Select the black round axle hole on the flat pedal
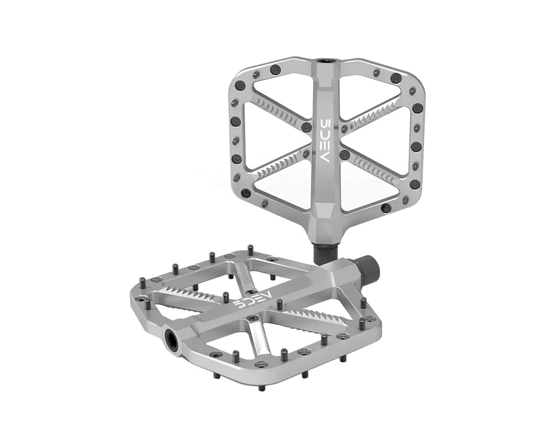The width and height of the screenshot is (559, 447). tap(173, 335)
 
